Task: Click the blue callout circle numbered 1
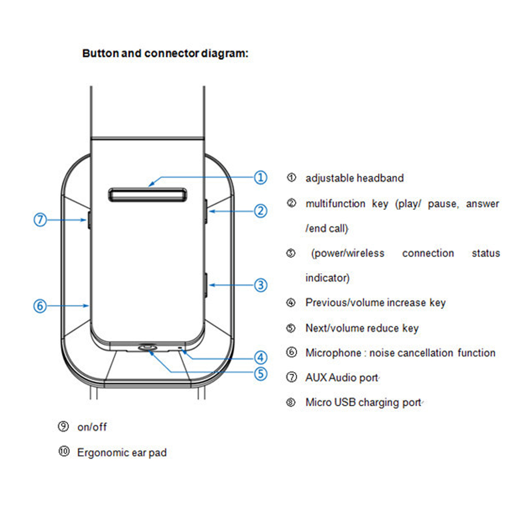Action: point(260,177)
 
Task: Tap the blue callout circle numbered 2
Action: point(260,211)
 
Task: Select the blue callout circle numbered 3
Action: point(260,285)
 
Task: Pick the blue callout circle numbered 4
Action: point(260,357)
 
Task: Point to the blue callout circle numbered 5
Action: point(260,373)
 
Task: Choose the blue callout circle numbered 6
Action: point(41,306)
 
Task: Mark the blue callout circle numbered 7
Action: point(41,220)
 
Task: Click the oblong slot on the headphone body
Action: point(148,194)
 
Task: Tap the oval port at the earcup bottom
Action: point(149,348)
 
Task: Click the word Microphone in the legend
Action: point(332,353)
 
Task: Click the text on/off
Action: point(92,427)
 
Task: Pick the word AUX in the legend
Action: point(316,378)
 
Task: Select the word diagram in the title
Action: point(224,54)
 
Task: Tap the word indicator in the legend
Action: point(327,278)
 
